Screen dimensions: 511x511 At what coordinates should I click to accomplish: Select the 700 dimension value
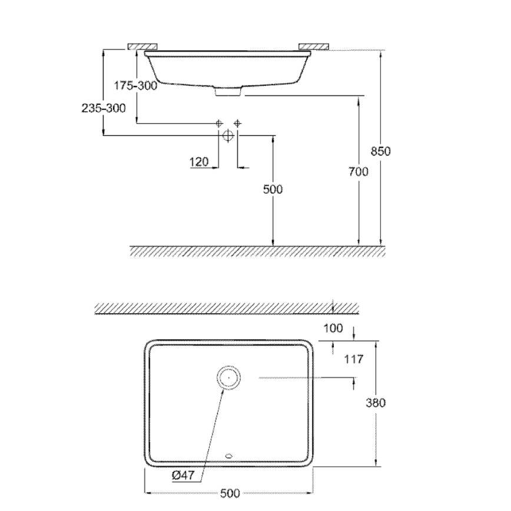359,172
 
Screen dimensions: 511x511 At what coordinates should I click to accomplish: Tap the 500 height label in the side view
273,190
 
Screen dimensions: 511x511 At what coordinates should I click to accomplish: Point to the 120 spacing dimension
200,162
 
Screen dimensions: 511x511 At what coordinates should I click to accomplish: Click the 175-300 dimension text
135,86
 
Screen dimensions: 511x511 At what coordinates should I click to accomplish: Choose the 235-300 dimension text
104,108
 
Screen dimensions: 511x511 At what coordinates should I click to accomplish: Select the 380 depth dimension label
376,403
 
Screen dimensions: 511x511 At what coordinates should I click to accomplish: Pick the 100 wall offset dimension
333,328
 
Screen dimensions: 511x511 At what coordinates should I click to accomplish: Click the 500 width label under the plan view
230,493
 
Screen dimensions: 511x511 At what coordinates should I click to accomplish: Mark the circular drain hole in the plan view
228,376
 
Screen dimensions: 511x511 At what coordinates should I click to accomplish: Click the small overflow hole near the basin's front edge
230,455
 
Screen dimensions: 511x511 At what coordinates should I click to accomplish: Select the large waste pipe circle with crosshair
228,136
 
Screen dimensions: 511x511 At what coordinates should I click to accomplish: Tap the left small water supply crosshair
218,123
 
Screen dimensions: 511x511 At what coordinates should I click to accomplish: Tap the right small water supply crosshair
237,123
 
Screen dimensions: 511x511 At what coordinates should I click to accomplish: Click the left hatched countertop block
143,47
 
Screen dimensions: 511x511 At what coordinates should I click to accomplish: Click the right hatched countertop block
313,47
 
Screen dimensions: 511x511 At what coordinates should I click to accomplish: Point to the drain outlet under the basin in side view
228,91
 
